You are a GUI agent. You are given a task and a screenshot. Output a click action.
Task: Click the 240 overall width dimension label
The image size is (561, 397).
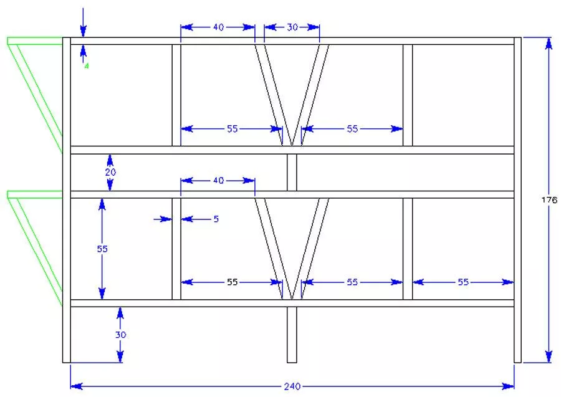(x=292, y=386)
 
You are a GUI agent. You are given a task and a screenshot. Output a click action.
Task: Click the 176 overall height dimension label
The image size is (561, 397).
(x=549, y=199)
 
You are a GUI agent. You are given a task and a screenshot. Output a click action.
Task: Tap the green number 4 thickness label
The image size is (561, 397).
(x=86, y=66)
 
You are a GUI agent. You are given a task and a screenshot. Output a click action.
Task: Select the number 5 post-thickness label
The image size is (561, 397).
(x=216, y=219)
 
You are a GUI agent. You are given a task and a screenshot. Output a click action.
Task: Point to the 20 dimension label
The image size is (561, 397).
(x=110, y=172)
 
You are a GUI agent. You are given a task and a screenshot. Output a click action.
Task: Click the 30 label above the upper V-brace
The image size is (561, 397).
(x=292, y=27)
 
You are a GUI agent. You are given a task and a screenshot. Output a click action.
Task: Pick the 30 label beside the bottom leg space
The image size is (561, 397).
(x=120, y=335)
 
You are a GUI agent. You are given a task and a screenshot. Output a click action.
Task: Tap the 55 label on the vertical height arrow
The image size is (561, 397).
(x=102, y=249)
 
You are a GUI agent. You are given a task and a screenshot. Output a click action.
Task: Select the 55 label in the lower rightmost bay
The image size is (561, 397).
(x=463, y=282)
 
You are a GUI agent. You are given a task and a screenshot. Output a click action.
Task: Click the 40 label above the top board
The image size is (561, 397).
(x=218, y=27)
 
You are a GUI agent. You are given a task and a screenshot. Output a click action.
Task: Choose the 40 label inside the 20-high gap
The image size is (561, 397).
(x=218, y=180)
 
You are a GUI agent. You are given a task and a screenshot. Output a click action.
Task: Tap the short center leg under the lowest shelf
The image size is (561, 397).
(x=292, y=335)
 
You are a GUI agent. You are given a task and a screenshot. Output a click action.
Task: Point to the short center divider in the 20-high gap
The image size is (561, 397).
(x=292, y=173)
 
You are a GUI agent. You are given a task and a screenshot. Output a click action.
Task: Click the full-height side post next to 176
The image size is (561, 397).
(x=518, y=200)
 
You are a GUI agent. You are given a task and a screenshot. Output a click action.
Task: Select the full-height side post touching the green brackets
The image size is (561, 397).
(x=67, y=200)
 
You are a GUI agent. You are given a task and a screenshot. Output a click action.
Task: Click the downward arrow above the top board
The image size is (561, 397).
(x=83, y=22)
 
